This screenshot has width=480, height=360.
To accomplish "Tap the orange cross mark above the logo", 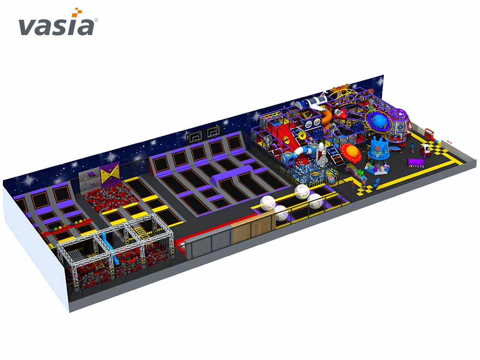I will point(77,12).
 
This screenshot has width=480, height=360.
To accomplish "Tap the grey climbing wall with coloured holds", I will point(90,179).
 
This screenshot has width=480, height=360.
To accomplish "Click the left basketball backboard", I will point(194,137).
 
